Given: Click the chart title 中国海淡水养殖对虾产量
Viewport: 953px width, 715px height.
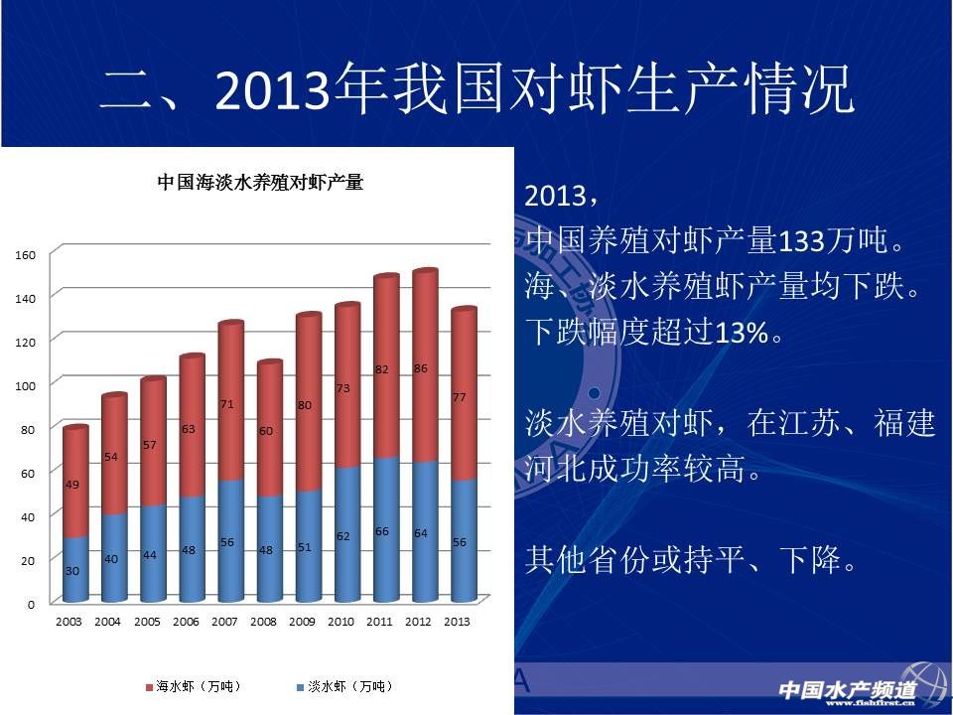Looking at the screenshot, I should point(260,183).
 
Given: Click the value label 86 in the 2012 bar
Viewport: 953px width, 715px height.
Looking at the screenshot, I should point(420,368).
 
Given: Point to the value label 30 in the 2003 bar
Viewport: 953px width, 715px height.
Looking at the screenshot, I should point(72,570).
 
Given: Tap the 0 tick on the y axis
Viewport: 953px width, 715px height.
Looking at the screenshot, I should point(31,603).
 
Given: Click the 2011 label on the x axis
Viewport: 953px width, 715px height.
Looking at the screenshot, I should point(378,622).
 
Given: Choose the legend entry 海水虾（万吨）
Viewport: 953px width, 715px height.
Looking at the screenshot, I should point(195,686).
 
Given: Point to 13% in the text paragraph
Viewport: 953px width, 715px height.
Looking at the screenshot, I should point(743,334).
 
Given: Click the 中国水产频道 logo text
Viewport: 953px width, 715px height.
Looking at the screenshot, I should point(848,688).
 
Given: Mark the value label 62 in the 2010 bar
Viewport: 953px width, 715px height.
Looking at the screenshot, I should point(342,536).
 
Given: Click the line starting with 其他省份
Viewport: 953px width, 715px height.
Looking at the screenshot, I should point(691,562).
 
